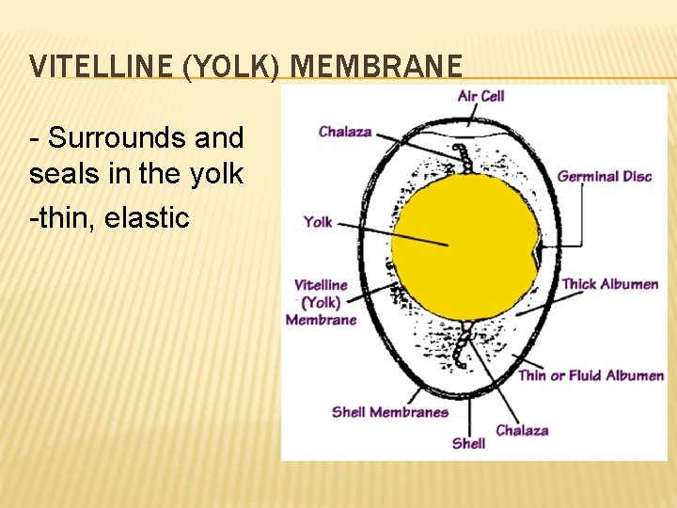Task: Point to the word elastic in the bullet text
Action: click(x=148, y=218)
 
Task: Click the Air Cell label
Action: click(x=480, y=95)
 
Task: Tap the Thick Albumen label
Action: click(x=609, y=284)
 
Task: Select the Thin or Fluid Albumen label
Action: click(x=591, y=375)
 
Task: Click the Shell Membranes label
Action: click(x=389, y=411)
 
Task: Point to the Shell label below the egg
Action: click(x=468, y=442)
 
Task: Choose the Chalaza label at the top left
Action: click(x=344, y=132)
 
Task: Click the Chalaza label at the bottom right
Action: click(x=522, y=430)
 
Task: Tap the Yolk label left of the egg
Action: click(x=318, y=222)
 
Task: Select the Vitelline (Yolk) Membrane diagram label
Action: click(x=321, y=302)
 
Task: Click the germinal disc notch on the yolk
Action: click(x=537, y=253)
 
